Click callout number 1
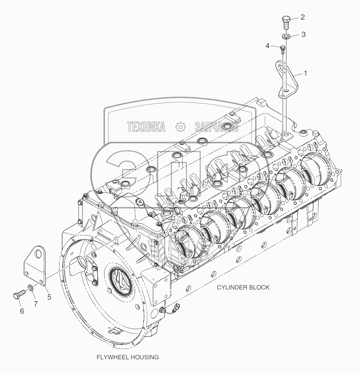pos(305,73)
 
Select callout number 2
pos(303,17)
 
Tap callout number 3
pos(303,34)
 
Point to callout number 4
pos(268,46)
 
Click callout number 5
pos(49,297)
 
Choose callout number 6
pos(22,311)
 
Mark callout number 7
pos(36,303)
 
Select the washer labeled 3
pos(286,37)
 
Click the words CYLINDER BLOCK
pos(243,287)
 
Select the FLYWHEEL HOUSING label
pos(127,357)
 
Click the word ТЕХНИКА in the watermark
pos(146,127)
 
